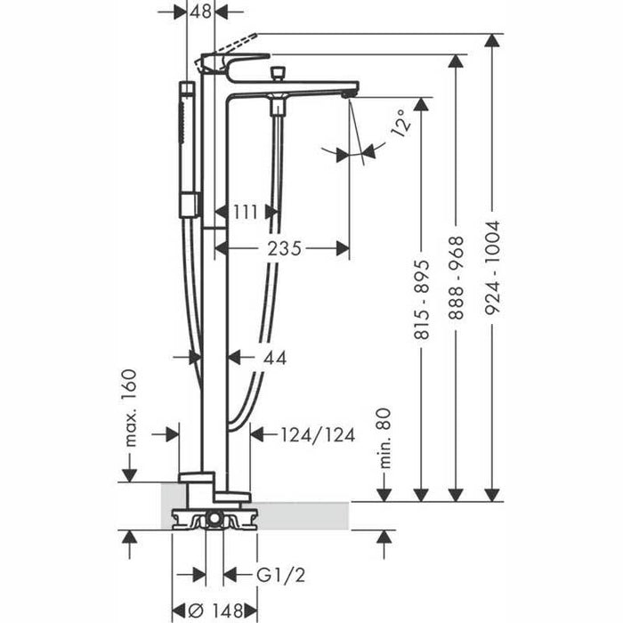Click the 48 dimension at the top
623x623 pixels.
point(202,12)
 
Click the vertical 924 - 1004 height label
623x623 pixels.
point(492,266)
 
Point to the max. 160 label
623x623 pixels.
point(131,408)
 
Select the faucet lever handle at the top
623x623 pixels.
point(233,62)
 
